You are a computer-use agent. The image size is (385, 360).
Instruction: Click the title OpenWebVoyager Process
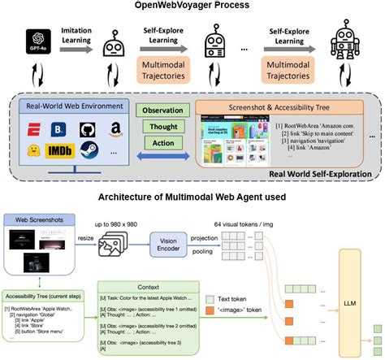tap(192, 7)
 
